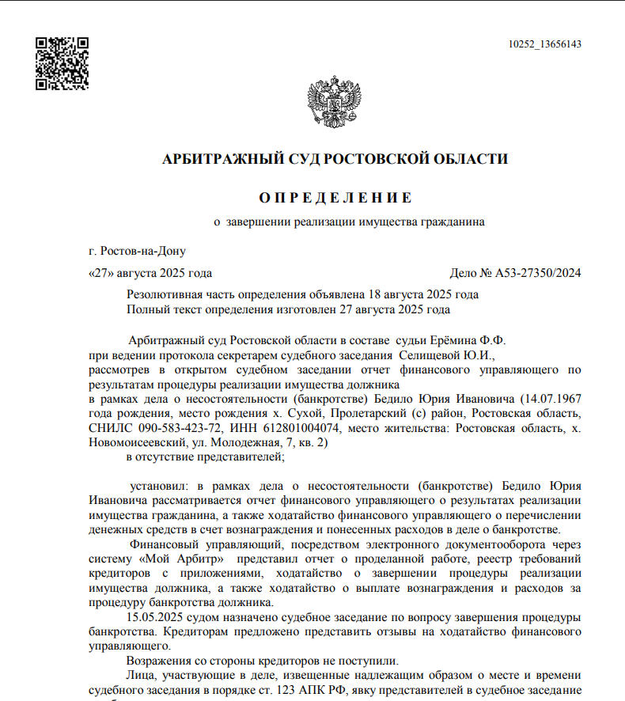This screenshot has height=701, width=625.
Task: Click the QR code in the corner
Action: tap(62, 63)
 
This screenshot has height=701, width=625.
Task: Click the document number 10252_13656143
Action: tap(545, 44)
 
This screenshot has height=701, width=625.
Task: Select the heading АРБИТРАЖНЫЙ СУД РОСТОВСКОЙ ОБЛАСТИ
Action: tap(335, 159)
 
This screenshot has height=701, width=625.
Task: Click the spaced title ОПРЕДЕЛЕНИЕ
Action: tap(335, 198)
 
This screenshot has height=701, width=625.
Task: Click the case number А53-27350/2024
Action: tap(538, 274)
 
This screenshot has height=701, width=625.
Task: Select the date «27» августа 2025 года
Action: tap(150, 274)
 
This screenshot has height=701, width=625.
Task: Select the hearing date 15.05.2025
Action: tap(154, 617)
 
